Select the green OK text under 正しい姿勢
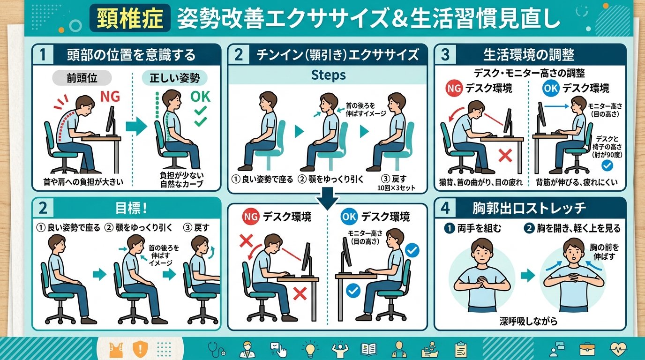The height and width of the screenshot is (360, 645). click(200, 97)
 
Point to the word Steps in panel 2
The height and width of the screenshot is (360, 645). click(328, 75)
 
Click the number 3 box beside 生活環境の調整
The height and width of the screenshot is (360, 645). click(445, 55)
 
